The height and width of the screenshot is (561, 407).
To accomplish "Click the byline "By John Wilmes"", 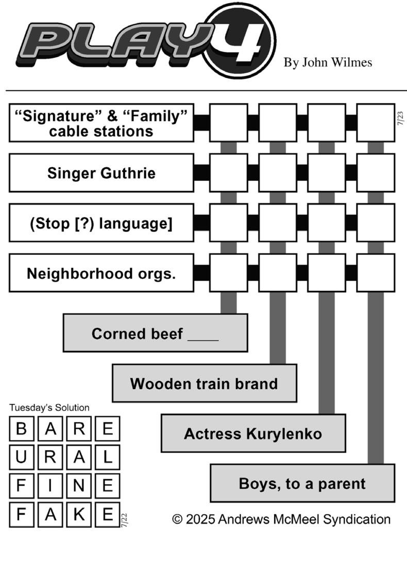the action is pos(328,62).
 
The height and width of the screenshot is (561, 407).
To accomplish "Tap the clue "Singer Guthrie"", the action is pos(101,173).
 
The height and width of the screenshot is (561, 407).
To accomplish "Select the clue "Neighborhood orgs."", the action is pos(101,273).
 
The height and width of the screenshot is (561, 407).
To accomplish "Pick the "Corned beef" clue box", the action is pos(155,333).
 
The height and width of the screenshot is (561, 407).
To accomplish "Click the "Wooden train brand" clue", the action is pos(204,383).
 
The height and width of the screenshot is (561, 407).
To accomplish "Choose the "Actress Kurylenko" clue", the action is pos(253,433).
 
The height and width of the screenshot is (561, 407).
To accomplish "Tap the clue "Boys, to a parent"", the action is pos(302,483).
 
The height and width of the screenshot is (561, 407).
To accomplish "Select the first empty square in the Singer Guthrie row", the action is pos(229,173).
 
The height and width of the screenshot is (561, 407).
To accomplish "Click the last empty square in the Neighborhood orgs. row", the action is pos(376,273).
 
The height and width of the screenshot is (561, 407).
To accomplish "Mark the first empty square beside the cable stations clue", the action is pos(229,122).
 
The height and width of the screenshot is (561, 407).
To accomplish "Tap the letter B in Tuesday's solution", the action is pos(22,429).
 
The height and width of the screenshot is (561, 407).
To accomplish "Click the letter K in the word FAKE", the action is pos(79,515).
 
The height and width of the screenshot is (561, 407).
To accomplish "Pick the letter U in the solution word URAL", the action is pos(22,457).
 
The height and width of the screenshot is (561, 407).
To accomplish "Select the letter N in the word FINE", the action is pos(79,486).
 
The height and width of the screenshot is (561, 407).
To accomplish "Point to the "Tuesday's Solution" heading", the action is pos(49,408).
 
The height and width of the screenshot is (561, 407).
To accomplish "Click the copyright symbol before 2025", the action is pos(177,519).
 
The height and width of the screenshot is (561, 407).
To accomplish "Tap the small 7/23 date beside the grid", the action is pos(400,118).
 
